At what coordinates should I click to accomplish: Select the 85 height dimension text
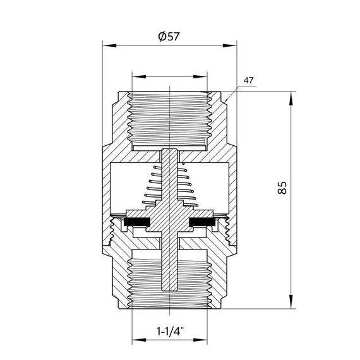282,188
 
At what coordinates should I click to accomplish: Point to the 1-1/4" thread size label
170,330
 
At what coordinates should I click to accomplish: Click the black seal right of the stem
204,222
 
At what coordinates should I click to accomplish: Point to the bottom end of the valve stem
171,289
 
